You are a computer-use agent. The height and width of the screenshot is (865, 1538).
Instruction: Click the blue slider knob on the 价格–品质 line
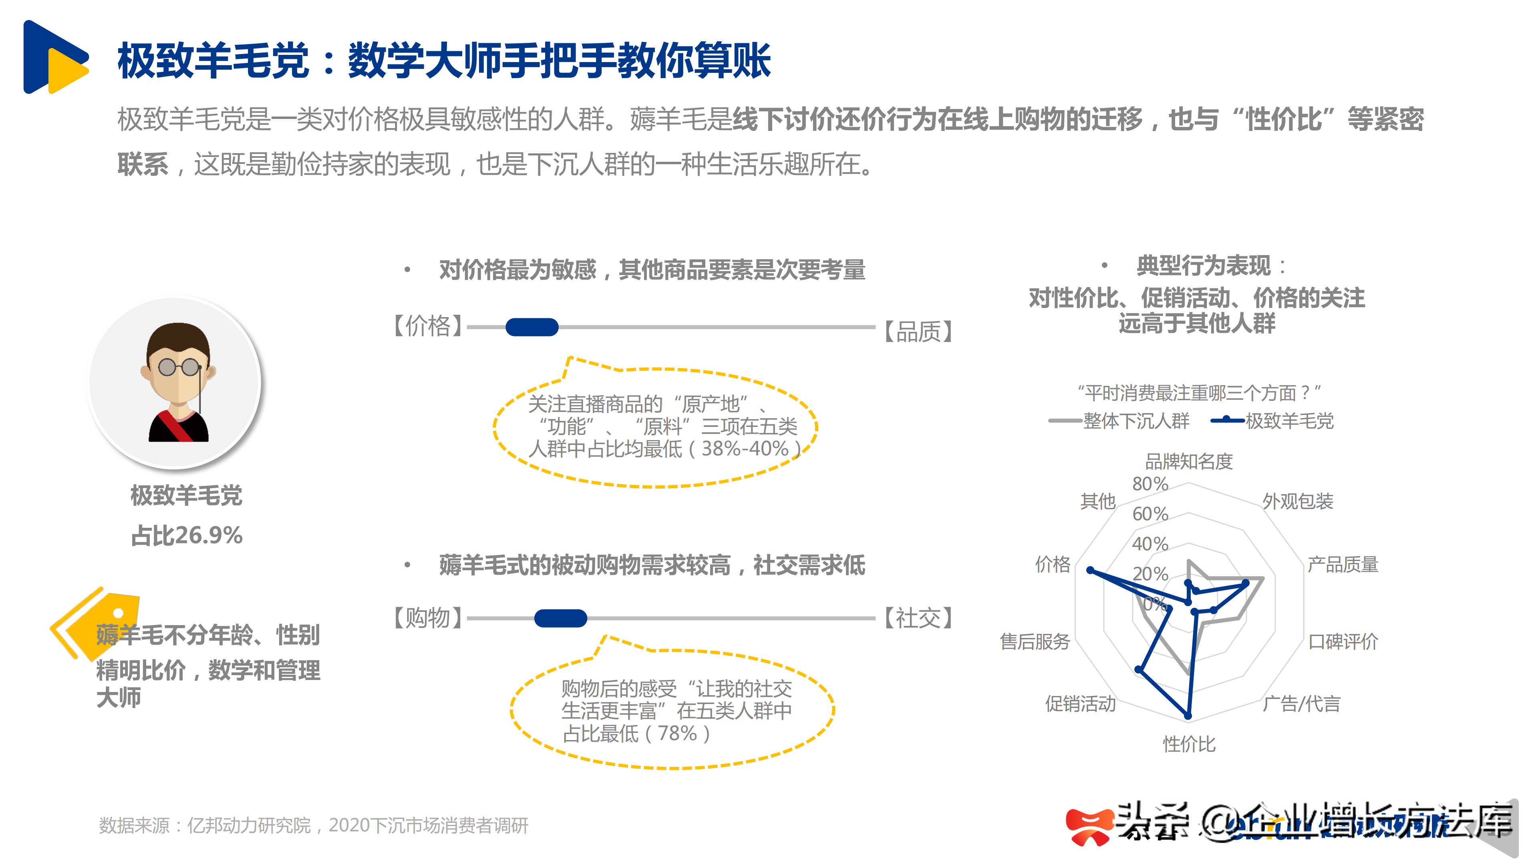tap(531, 327)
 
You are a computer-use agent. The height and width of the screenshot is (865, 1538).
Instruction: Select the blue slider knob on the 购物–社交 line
tap(560, 618)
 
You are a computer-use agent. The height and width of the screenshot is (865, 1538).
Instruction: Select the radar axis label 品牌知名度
tap(1189, 461)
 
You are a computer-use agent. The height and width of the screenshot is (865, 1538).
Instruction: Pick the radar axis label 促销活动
tap(1080, 704)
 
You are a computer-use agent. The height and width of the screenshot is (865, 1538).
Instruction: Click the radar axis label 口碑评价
tap(1343, 642)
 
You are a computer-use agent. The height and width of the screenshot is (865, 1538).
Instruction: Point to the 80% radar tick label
tap(1150, 484)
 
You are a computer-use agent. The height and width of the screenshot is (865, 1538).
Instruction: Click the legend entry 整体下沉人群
tap(1135, 421)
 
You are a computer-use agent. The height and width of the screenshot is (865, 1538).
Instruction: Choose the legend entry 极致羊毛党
tap(1289, 421)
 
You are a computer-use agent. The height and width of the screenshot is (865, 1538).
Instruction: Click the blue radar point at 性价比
tap(1188, 715)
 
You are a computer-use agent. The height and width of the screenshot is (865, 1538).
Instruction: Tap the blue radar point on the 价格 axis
tap(1090, 571)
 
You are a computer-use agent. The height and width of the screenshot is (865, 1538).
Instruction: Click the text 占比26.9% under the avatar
tap(187, 535)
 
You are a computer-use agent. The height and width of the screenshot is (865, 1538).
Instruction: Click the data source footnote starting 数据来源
tap(314, 826)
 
